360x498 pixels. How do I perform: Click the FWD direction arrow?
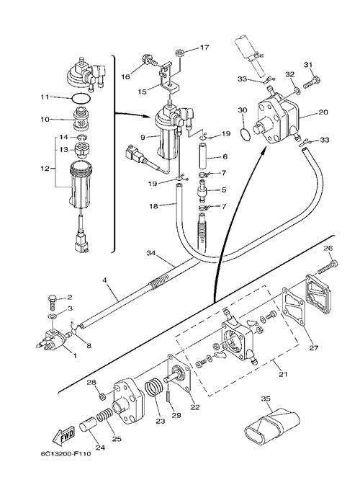click(64, 436)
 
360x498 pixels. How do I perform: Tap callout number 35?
click(266, 399)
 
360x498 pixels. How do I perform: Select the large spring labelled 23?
click(154, 388)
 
